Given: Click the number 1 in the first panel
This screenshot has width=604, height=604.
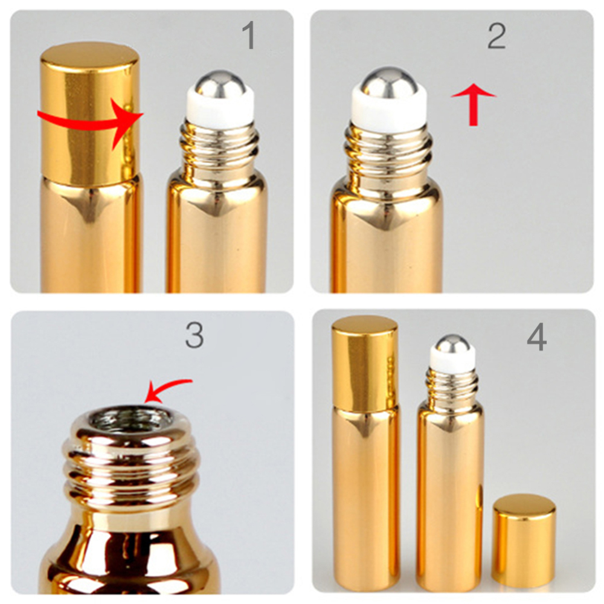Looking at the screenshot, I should [248, 36].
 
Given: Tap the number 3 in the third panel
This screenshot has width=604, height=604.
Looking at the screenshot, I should [194, 336].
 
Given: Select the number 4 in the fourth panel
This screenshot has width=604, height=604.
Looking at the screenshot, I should [536, 338].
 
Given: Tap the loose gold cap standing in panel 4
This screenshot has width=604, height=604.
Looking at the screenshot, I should [524, 541].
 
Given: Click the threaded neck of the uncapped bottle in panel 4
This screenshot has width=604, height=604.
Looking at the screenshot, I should [452, 383].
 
